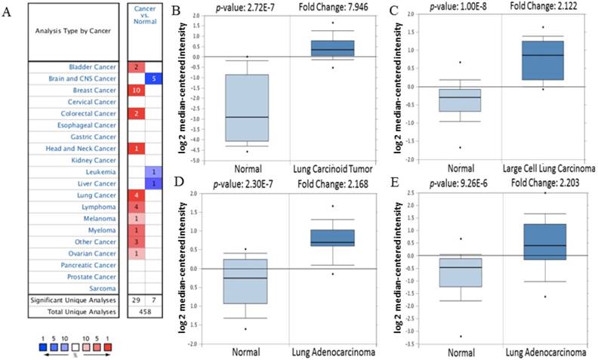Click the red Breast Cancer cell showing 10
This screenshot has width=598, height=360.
[136, 91]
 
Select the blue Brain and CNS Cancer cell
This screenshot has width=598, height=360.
[153, 78]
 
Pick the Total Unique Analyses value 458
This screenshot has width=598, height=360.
[144, 312]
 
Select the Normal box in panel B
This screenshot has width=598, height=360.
[248, 108]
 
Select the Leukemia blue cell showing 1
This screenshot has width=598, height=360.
[153, 172]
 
